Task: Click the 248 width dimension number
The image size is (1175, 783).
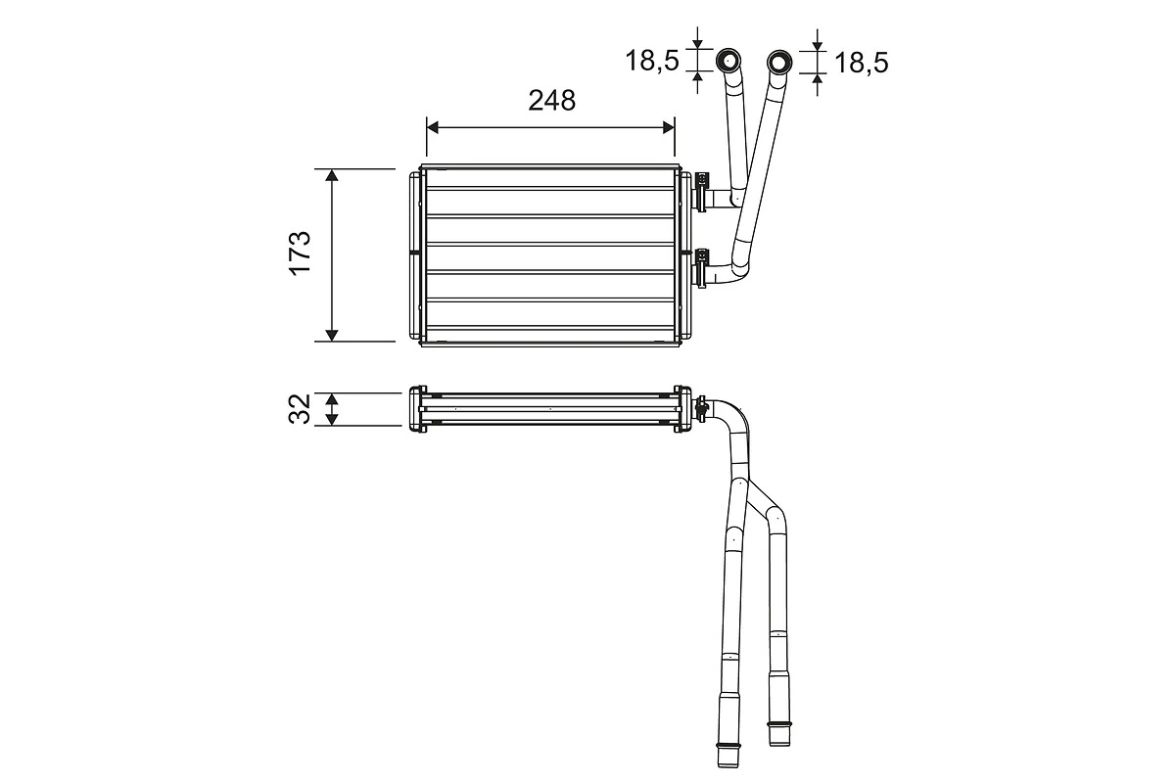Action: click(x=551, y=101)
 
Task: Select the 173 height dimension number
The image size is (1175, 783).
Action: click(x=300, y=253)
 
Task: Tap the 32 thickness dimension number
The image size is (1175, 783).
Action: click(x=300, y=408)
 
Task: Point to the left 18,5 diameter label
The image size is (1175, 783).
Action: click(x=652, y=62)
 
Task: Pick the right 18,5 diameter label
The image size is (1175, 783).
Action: click(x=861, y=63)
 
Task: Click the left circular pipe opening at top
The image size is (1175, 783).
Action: click(x=729, y=62)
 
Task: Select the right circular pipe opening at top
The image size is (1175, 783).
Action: click(x=779, y=63)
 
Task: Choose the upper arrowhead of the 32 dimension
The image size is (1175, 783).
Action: click(x=332, y=399)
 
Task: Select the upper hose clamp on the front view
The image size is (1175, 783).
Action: click(x=702, y=190)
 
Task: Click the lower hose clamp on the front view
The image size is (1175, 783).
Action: click(x=702, y=266)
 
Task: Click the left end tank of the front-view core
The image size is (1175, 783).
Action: click(x=415, y=253)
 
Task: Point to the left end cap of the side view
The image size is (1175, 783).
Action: click(x=414, y=408)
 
